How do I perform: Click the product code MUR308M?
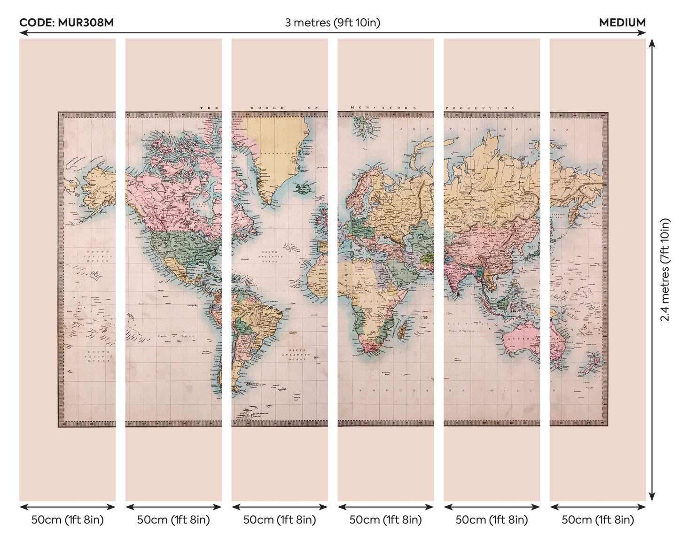[66, 23]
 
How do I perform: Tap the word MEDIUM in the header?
[622, 23]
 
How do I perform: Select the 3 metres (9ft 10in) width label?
[332, 23]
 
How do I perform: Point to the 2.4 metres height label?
[665, 270]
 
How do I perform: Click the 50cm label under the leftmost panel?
[67, 520]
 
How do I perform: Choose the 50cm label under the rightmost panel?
[598, 520]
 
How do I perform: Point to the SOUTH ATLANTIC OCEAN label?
[297, 355]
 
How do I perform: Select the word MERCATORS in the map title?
[383, 108]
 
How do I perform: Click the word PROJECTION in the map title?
[479, 108]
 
